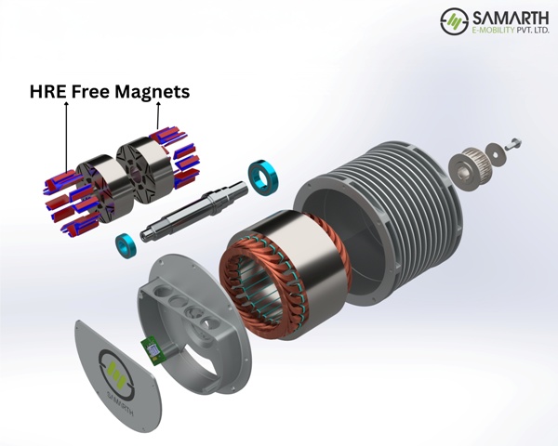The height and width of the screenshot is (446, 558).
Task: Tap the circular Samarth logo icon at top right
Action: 455,21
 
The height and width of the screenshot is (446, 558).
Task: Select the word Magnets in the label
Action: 153,92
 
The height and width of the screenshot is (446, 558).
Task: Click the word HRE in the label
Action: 48,91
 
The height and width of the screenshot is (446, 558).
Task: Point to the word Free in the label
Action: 90,91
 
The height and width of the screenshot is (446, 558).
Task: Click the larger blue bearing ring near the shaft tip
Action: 263,177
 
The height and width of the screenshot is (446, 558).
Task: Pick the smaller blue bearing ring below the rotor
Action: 126,245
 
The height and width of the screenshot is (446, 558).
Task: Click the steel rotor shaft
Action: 194,211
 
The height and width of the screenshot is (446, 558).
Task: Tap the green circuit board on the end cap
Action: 153,351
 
